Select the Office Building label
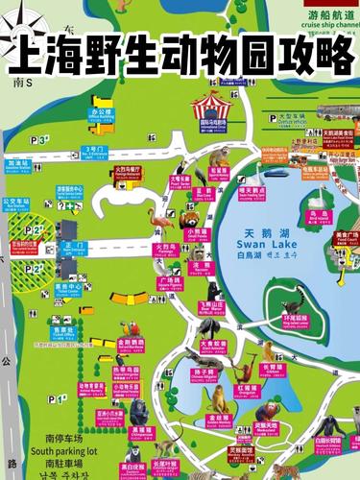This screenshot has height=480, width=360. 101,115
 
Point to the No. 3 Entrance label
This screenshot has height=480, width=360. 94,151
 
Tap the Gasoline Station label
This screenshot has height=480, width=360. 18,165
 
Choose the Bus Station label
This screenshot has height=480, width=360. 16,204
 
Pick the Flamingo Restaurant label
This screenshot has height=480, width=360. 128,173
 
